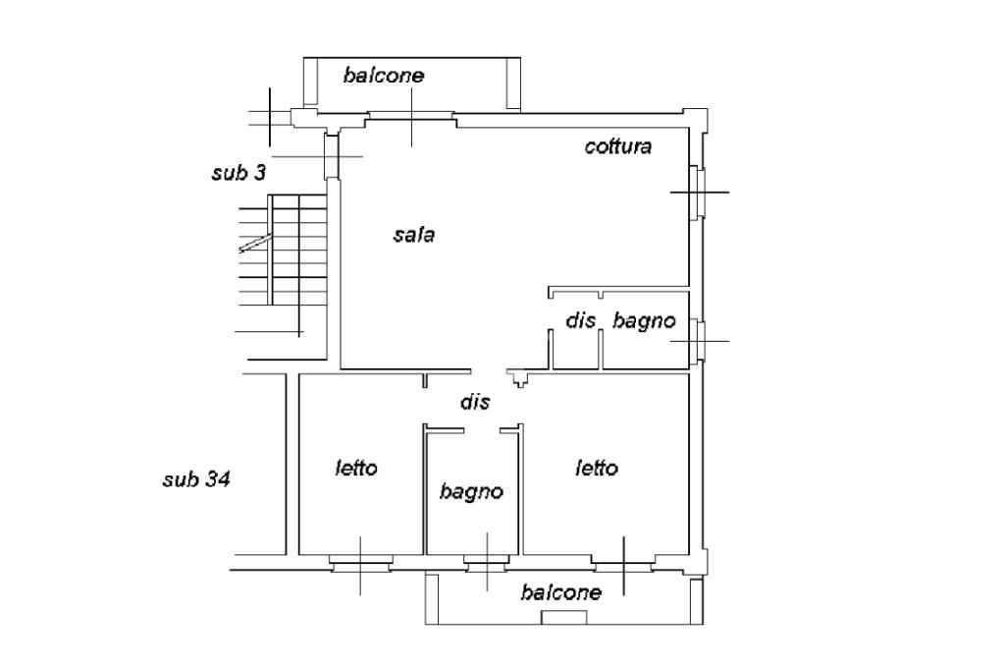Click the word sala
tap(413, 235)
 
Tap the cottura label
tap(617, 147)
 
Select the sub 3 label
tap(238, 173)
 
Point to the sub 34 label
tap(196, 479)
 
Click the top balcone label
tap(383, 75)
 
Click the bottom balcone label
tap(561, 592)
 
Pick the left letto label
tap(355, 468)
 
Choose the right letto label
tap(597, 468)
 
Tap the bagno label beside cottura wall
tap(644, 320)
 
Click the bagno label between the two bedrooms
tap(471, 491)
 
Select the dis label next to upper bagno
tap(581, 320)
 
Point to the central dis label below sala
tap(475, 402)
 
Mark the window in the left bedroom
tap(359, 564)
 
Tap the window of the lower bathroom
tap(486, 564)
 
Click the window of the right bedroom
tap(624, 564)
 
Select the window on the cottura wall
tap(697, 192)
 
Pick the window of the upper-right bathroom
tap(698, 341)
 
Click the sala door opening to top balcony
tap(411, 119)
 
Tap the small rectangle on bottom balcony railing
tap(564, 617)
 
